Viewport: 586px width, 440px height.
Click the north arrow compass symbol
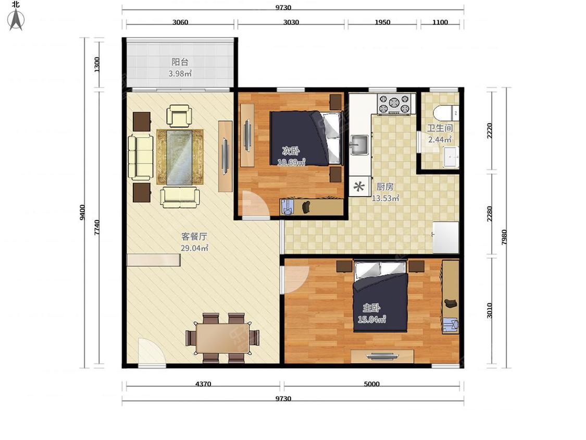16,19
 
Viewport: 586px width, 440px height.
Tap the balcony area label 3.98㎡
180,74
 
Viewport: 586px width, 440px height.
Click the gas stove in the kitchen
394,104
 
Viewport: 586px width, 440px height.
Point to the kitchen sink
359,145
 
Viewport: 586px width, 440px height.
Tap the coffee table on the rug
180,157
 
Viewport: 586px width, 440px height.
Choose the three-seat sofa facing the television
141,157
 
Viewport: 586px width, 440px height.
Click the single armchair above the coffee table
179,115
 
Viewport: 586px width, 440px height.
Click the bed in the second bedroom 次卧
306,138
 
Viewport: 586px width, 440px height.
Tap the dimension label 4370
203,384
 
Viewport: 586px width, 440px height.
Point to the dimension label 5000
371,384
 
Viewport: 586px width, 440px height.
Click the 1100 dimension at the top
440,22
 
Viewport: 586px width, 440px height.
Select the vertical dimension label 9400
82,212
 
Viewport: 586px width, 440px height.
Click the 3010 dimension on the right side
490,311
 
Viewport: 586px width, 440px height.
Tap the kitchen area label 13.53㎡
385,198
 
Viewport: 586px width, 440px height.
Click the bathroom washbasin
451,157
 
